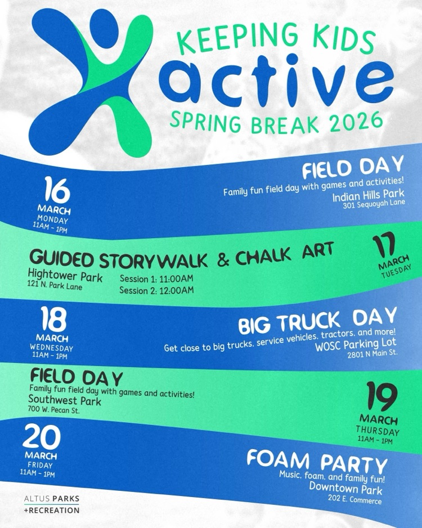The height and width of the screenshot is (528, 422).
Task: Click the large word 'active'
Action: (x=276, y=80)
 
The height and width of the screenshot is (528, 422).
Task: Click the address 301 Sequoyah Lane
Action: (x=374, y=205)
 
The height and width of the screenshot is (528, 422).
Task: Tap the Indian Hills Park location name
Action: (x=368, y=196)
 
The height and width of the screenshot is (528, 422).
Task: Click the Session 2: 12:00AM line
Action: (x=156, y=290)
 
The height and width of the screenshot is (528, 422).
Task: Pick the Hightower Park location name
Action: (x=65, y=277)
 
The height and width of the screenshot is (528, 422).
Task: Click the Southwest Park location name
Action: (x=65, y=401)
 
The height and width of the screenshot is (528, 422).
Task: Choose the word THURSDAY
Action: (x=378, y=432)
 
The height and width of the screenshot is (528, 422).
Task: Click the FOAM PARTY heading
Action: (x=317, y=463)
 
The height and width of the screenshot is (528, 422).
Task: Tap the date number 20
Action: (x=42, y=437)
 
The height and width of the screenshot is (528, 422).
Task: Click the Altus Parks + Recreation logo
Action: (x=51, y=504)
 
